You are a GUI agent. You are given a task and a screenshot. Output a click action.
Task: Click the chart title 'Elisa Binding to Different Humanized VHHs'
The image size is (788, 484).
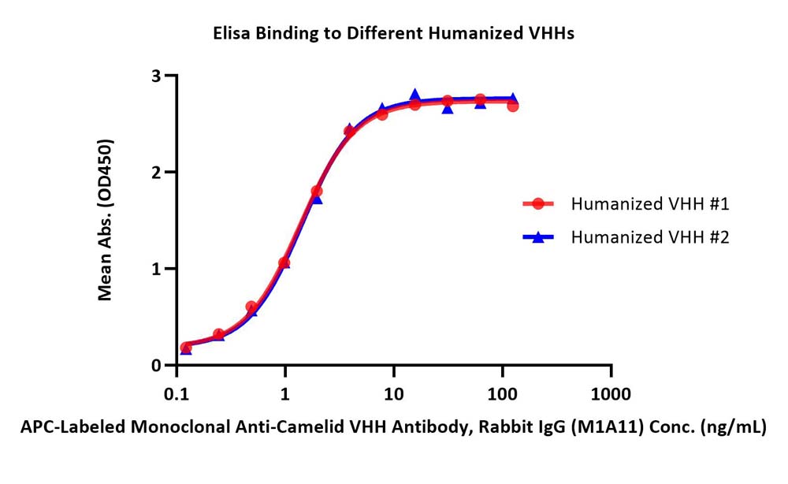[393, 33]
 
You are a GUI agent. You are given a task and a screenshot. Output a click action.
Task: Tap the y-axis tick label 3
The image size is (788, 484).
[156, 76]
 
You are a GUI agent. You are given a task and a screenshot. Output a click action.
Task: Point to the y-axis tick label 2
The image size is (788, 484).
[156, 173]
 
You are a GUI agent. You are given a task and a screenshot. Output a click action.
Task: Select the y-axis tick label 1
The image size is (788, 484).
[156, 269]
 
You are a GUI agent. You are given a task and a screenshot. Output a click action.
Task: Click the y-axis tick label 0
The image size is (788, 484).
[156, 366]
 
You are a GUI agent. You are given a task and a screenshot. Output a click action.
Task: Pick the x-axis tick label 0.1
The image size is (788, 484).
[177, 394]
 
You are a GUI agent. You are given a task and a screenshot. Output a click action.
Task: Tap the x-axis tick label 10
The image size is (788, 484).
[393, 394]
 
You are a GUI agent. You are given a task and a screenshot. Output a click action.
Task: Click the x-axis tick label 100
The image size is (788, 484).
[502, 394]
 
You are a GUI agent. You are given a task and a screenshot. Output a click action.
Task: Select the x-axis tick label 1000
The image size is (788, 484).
[611, 394]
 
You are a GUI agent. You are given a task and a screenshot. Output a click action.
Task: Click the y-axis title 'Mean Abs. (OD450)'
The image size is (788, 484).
[105, 220]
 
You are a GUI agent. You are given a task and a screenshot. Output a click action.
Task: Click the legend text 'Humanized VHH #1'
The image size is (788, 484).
[650, 203]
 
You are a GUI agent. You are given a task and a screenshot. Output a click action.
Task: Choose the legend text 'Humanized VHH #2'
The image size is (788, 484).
[650, 236]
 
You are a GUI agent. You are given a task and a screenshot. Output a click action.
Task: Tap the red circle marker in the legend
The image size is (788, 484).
[538, 203]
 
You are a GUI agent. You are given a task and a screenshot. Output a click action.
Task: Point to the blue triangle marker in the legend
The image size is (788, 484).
[538, 236]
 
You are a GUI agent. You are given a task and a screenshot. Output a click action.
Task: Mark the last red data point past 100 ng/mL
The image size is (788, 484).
[513, 106]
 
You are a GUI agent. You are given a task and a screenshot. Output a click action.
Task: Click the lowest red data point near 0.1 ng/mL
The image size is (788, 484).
[185, 348]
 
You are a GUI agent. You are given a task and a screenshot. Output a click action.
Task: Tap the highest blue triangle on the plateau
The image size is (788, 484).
[414, 95]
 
